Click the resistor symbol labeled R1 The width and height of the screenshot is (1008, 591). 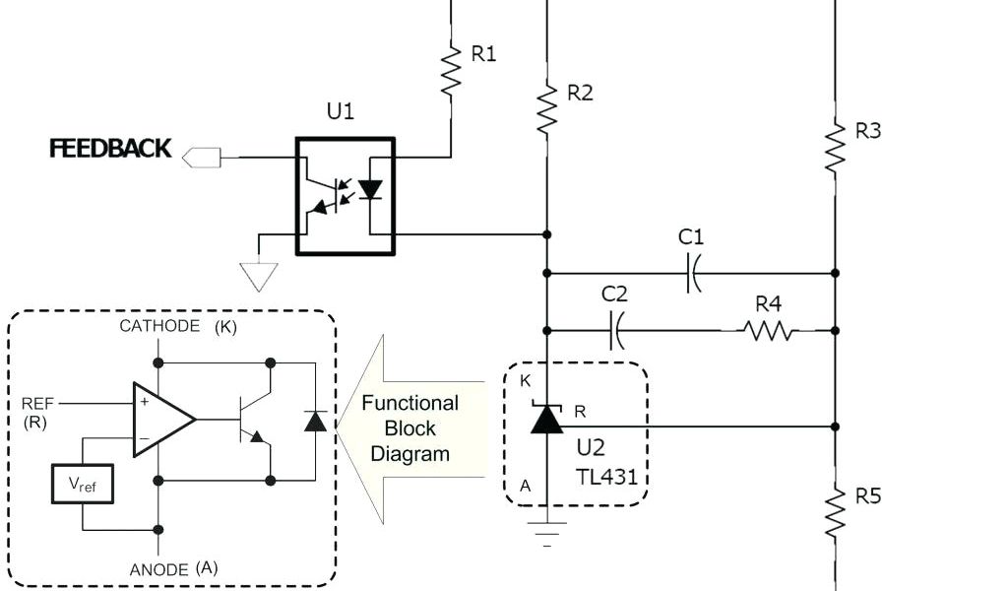(x=451, y=70)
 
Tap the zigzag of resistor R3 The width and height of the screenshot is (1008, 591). (x=835, y=147)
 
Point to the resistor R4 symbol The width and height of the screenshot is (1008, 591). (x=770, y=331)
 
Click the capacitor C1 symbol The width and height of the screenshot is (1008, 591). (x=692, y=273)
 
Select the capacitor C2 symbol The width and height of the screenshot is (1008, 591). (x=617, y=330)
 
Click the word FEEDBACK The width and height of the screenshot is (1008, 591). (x=110, y=149)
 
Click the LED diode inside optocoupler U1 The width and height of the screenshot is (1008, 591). (x=370, y=189)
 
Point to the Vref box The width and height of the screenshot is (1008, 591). (x=83, y=484)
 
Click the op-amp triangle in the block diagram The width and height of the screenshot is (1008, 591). (x=161, y=420)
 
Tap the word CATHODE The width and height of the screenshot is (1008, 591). (x=159, y=327)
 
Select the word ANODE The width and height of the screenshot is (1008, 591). (x=159, y=569)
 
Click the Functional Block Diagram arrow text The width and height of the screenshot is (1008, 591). (x=409, y=428)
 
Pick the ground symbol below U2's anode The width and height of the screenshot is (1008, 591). (x=546, y=530)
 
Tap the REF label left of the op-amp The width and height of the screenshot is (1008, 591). (x=42, y=404)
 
